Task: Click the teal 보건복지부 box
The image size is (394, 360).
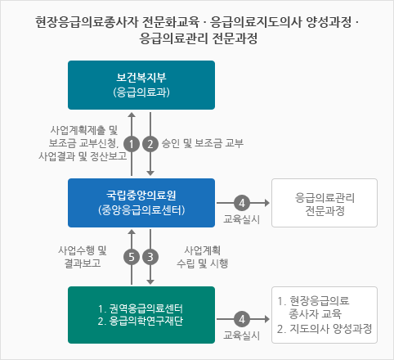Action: pyautogui.click(x=141, y=85)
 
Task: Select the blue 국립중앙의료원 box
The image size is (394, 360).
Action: pyautogui.click(x=141, y=203)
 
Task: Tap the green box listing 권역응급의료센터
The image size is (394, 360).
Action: pyautogui.click(x=141, y=315)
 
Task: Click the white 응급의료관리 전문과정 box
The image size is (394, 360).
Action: pyautogui.click(x=325, y=203)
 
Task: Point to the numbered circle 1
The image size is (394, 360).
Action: pyautogui.click(x=132, y=144)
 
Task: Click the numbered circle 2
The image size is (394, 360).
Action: pyautogui.click(x=150, y=144)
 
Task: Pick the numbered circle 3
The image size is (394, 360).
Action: pyautogui.click(x=150, y=257)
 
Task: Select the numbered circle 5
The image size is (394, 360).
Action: pyautogui.click(x=132, y=257)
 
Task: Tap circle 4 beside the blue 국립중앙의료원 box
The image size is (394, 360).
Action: pyautogui.click(x=242, y=203)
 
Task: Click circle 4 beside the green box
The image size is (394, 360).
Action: pyautogui.click(x=242, y=319)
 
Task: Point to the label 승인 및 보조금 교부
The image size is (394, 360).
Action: pyautogui.click(x=203, y=143)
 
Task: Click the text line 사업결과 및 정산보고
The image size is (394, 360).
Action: pyautogui.click(x=83, y=156)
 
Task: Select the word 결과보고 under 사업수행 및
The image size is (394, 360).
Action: pyautogui.click(x=83, y=263)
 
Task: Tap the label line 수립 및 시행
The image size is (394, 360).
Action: pyautogui.click(x=203, y=263)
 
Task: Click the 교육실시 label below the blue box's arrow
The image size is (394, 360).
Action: pyautogui.click(x=242, y=219)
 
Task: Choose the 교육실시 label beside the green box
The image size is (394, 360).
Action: pyautogui.click(x=242, y=335)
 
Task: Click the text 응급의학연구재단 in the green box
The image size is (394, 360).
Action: pyautogui.click(x=146, y=322)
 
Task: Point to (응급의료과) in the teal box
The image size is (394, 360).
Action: pyautogui.click(x=141, y=92)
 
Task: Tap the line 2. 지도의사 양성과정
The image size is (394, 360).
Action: pyautogui.click(x=325, y=329)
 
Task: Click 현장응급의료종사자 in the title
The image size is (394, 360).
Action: pyautogui.click(x=87, y=22)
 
